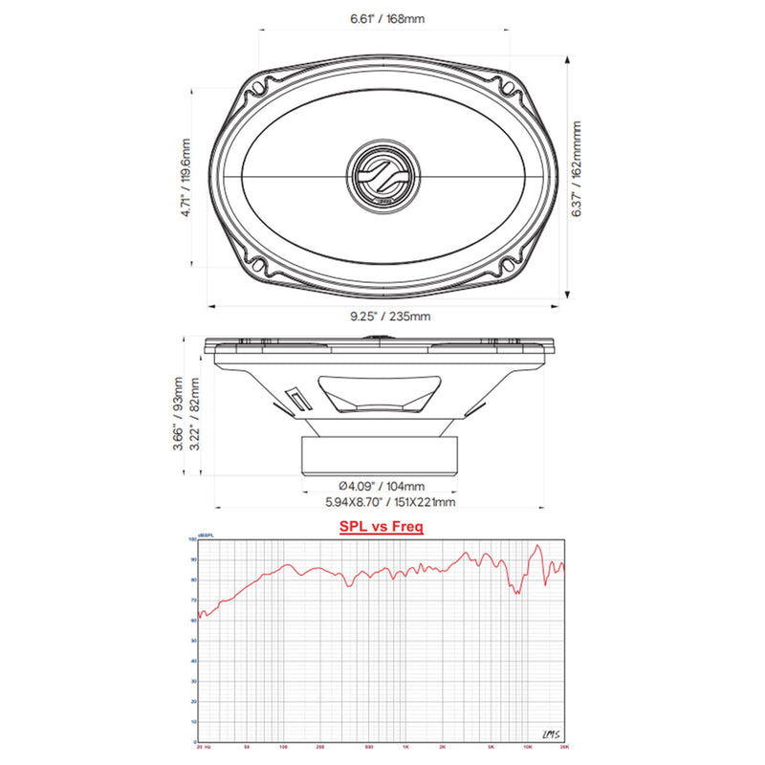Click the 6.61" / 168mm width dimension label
tap(382, 18)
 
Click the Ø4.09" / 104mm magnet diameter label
tap(382, 486)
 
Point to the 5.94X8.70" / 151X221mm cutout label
tap(382, 502)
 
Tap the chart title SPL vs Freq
tap(382, 526)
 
